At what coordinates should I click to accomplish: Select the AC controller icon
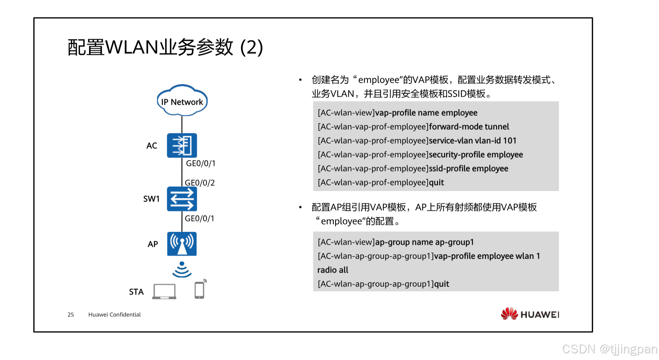point(182,145)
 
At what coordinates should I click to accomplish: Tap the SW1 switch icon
point(182,199)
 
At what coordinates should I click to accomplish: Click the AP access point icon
point(182,244)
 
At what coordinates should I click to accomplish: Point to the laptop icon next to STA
point(164,291)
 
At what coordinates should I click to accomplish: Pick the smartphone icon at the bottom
point(200,289)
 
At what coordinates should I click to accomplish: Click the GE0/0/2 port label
point(200,183)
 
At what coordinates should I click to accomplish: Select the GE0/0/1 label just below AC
point(200,163)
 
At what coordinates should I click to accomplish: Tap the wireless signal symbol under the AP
point(182,270)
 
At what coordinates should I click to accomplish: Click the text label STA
point(136,292)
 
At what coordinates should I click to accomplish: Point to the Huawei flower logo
point(509,314)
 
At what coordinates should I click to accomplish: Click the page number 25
point(71,315)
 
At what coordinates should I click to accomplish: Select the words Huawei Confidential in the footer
point(114,315)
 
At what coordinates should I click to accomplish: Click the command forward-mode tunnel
point(469,127)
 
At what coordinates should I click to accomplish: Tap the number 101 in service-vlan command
point(510,141)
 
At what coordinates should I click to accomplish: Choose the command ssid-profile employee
point(469,168)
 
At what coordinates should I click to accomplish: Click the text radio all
point(333,270)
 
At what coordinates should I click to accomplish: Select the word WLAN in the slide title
point(132,48)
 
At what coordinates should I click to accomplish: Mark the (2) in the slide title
point(252,48)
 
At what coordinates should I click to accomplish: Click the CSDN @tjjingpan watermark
point(609,349)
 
